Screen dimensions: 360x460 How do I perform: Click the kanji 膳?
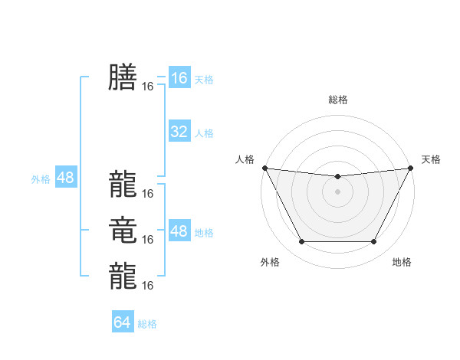click(123, 77)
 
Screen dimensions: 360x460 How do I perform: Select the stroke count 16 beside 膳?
click(148, 87)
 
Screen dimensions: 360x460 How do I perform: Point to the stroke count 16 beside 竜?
click(148, 239)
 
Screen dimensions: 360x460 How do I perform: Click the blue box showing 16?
click(179, 77)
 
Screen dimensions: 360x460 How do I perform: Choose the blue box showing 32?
click(179, 132)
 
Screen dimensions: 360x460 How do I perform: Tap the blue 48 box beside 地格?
click(179, 231)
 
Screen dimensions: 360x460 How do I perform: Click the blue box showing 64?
click(123, 322)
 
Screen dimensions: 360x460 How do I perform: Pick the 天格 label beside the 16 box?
click(204, 79)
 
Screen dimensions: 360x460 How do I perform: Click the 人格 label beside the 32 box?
click(204, 133)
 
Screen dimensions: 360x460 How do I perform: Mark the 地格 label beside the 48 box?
click(204, 233)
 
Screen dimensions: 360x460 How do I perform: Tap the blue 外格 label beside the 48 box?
click(41, 179)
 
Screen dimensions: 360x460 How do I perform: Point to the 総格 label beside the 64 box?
click(147, 324)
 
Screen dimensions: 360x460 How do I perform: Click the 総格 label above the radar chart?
click(337, 100)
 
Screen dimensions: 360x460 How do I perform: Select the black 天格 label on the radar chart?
click(431, 159)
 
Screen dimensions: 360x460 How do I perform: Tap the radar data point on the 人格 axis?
click(264, 168)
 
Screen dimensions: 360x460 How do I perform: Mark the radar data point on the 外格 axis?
click(301, 242)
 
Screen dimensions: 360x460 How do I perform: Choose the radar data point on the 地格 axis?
click(374, 242)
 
